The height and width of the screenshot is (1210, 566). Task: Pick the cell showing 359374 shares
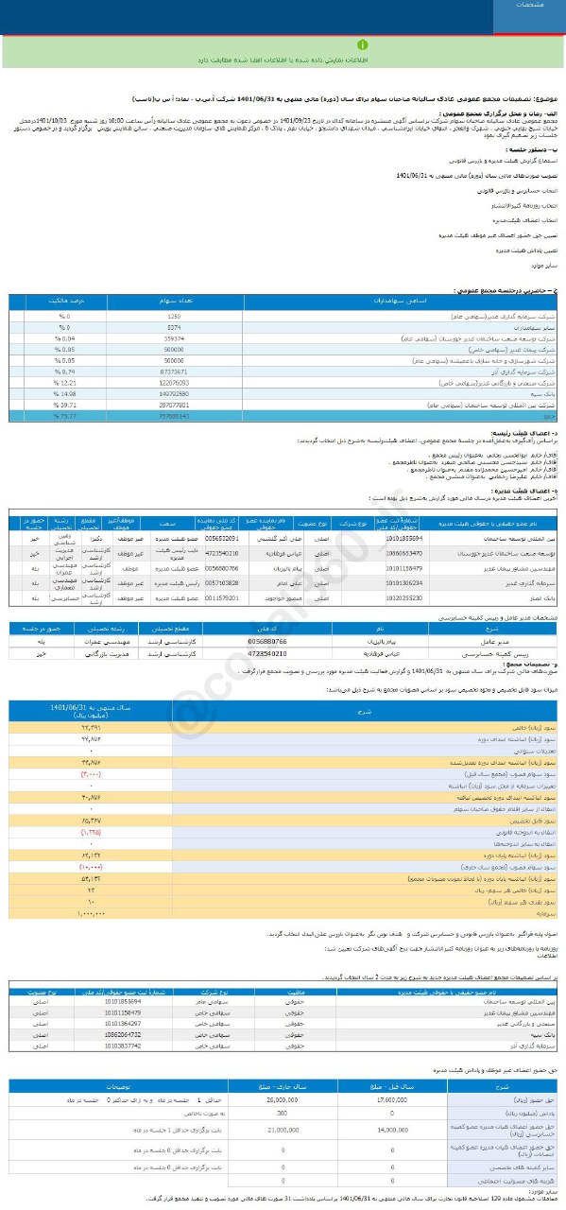pyautogui.click(x=174, y=337)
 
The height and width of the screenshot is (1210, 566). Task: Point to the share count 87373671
pyautogui.click(x=174, y=372)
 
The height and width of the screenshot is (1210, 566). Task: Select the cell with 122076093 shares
pyautogui.click(x=174, y=383)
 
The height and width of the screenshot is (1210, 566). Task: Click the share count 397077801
pyautogui.click(x=174, y=405)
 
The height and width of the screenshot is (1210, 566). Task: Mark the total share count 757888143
pyautogui.click(x=174, y=416)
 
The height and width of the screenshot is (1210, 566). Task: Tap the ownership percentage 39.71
pyautogui.click(x=63, y=405)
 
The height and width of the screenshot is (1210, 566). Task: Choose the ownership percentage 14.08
pyautogui.click(x=63, y=393)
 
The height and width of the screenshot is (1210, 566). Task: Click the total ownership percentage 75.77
pyautogui.click(x=63, y=416)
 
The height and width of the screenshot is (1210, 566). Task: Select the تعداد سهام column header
pyautogui.click(x=174, y=301)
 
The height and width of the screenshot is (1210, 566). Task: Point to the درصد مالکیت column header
pyautogui.click(x=63, y=301)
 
